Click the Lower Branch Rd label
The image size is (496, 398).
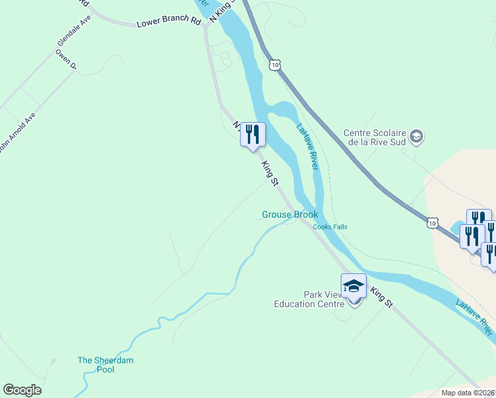coord(168,22)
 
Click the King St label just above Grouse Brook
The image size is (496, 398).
coord(269,172)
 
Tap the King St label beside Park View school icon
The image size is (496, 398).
coord(381,296)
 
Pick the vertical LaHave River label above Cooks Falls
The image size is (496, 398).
coord(307,147)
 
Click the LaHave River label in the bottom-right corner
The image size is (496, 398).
coord(475,316)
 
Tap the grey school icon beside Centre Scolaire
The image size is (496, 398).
coord(416,137)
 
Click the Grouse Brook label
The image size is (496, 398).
coord(290,214)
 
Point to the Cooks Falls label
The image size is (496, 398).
coord(330,227)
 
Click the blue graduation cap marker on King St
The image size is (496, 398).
coord(353,286)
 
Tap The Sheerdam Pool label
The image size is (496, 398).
coord(105,364)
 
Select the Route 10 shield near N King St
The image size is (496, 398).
coord(275,64)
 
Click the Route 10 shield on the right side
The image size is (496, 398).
coord(432,223)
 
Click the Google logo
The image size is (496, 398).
coord(23,390)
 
